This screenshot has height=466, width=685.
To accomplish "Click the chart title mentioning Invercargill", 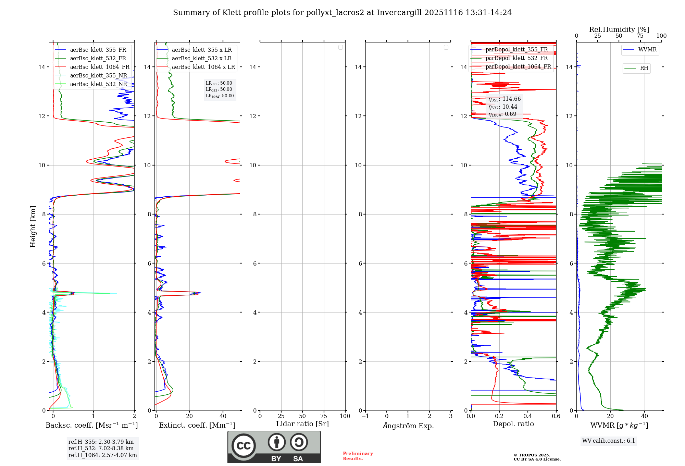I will point(342,13).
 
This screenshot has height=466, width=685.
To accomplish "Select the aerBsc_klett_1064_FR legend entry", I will point(99,67).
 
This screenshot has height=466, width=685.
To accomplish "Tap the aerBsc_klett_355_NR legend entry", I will point(98,76).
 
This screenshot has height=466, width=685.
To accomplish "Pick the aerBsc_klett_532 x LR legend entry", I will point(201,59).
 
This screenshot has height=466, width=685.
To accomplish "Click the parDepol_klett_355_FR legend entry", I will point(516,50).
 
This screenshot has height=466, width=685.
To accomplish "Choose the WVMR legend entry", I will point(647,50).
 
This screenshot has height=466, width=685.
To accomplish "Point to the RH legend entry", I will point(644,68).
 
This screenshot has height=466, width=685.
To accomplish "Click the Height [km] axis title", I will point(33,226).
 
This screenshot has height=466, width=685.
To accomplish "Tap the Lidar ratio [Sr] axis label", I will point(302,424).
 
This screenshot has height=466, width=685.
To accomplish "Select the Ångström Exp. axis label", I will point(408,426).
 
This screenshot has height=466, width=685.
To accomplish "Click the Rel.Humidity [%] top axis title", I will point(619,29).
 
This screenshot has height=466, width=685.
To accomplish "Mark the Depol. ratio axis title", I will point(513,424).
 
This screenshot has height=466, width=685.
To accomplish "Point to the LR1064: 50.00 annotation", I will point(220,96).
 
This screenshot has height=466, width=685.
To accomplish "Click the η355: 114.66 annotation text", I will point(505,99).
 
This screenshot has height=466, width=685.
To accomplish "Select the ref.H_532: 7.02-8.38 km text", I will point(101,449).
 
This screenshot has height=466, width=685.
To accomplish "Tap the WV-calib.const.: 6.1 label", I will point(609,441).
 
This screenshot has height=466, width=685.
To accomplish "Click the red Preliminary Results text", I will point(358,456).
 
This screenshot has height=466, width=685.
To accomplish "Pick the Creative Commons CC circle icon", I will point(244,446).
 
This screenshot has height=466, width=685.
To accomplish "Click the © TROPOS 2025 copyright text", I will point(532,455).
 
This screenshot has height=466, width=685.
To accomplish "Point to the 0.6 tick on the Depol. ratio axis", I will point(556,416).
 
